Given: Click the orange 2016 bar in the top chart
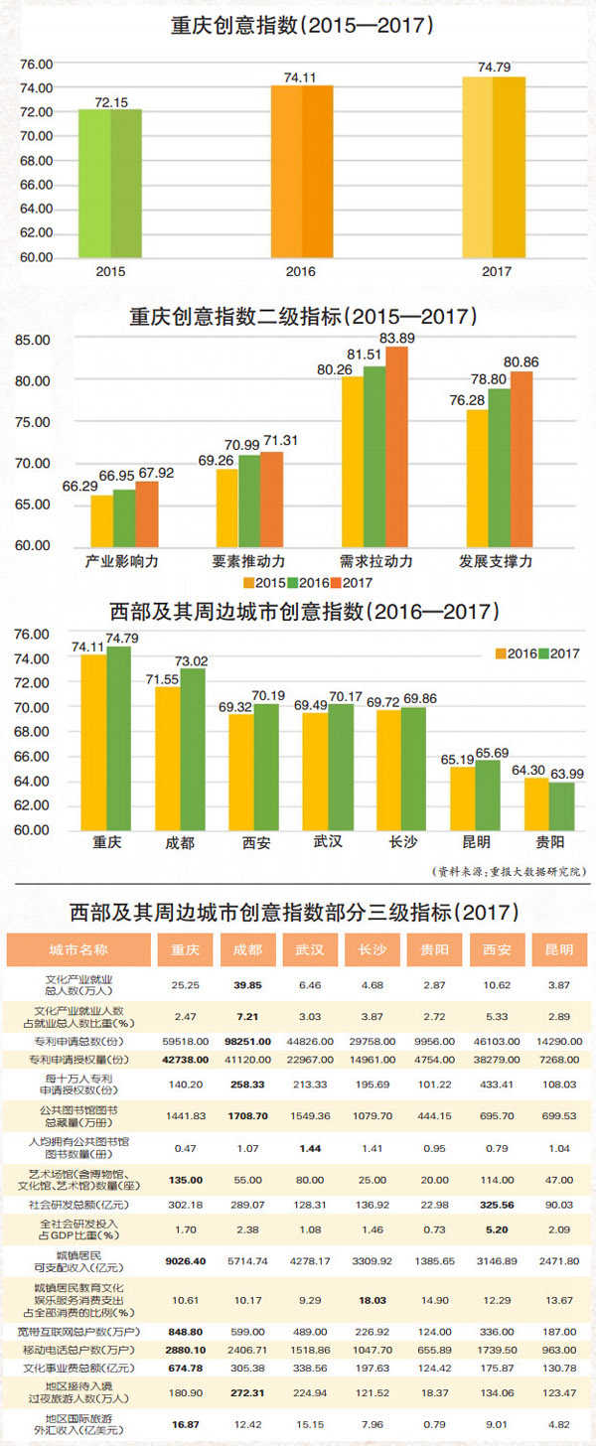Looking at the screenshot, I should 302,171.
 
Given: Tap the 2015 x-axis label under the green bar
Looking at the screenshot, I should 110,271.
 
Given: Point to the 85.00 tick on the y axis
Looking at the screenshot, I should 34,340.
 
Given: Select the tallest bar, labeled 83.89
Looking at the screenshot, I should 396,446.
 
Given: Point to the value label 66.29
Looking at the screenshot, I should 79,486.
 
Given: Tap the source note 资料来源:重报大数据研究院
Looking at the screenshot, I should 512,871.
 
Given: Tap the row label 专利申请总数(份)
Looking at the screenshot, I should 78,1041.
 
